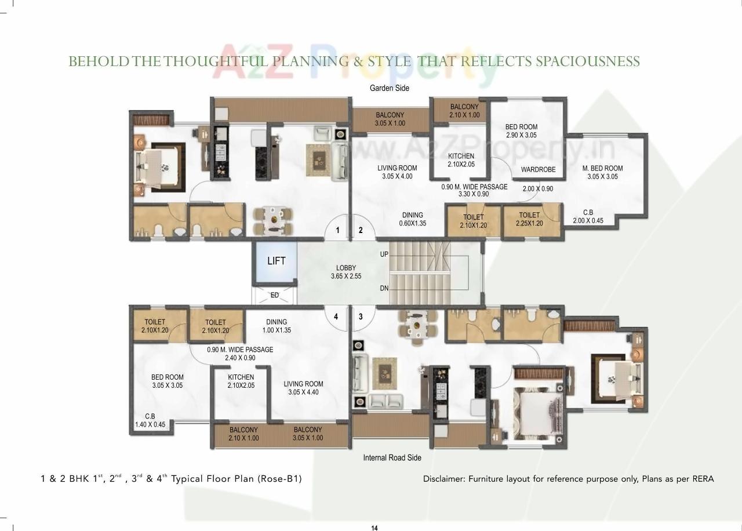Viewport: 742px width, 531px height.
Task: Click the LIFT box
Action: (276, 261)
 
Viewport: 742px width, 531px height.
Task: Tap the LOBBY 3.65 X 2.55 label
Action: (346, 272)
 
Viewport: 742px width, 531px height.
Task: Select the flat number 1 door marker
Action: (337, 230)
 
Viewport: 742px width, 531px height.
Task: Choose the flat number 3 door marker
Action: (361, 317)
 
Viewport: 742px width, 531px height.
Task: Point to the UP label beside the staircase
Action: (384, 254)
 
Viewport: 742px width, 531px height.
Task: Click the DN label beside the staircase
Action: (384, 289)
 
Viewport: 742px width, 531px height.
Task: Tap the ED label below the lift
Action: (275, 295)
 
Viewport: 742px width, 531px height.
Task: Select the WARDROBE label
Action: (538, 170)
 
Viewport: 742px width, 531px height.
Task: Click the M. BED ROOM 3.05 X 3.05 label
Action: (602, 172)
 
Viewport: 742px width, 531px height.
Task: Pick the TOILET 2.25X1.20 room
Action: (529, 219)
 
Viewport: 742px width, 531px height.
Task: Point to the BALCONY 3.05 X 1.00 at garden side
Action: (390, 119)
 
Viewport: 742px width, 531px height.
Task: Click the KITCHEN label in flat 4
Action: (241, 381)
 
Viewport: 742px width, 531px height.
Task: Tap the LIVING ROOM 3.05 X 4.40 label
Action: (303, 388)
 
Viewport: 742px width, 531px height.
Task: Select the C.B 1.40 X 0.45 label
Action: (150, 420)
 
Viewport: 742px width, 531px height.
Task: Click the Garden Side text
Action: (389, 88)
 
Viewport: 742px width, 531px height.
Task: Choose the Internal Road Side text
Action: (392, 457)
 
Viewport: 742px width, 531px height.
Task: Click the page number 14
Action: (374, 528)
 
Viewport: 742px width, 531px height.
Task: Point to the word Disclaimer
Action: (443, 479)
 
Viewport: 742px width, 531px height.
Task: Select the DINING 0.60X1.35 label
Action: (412, 219)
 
